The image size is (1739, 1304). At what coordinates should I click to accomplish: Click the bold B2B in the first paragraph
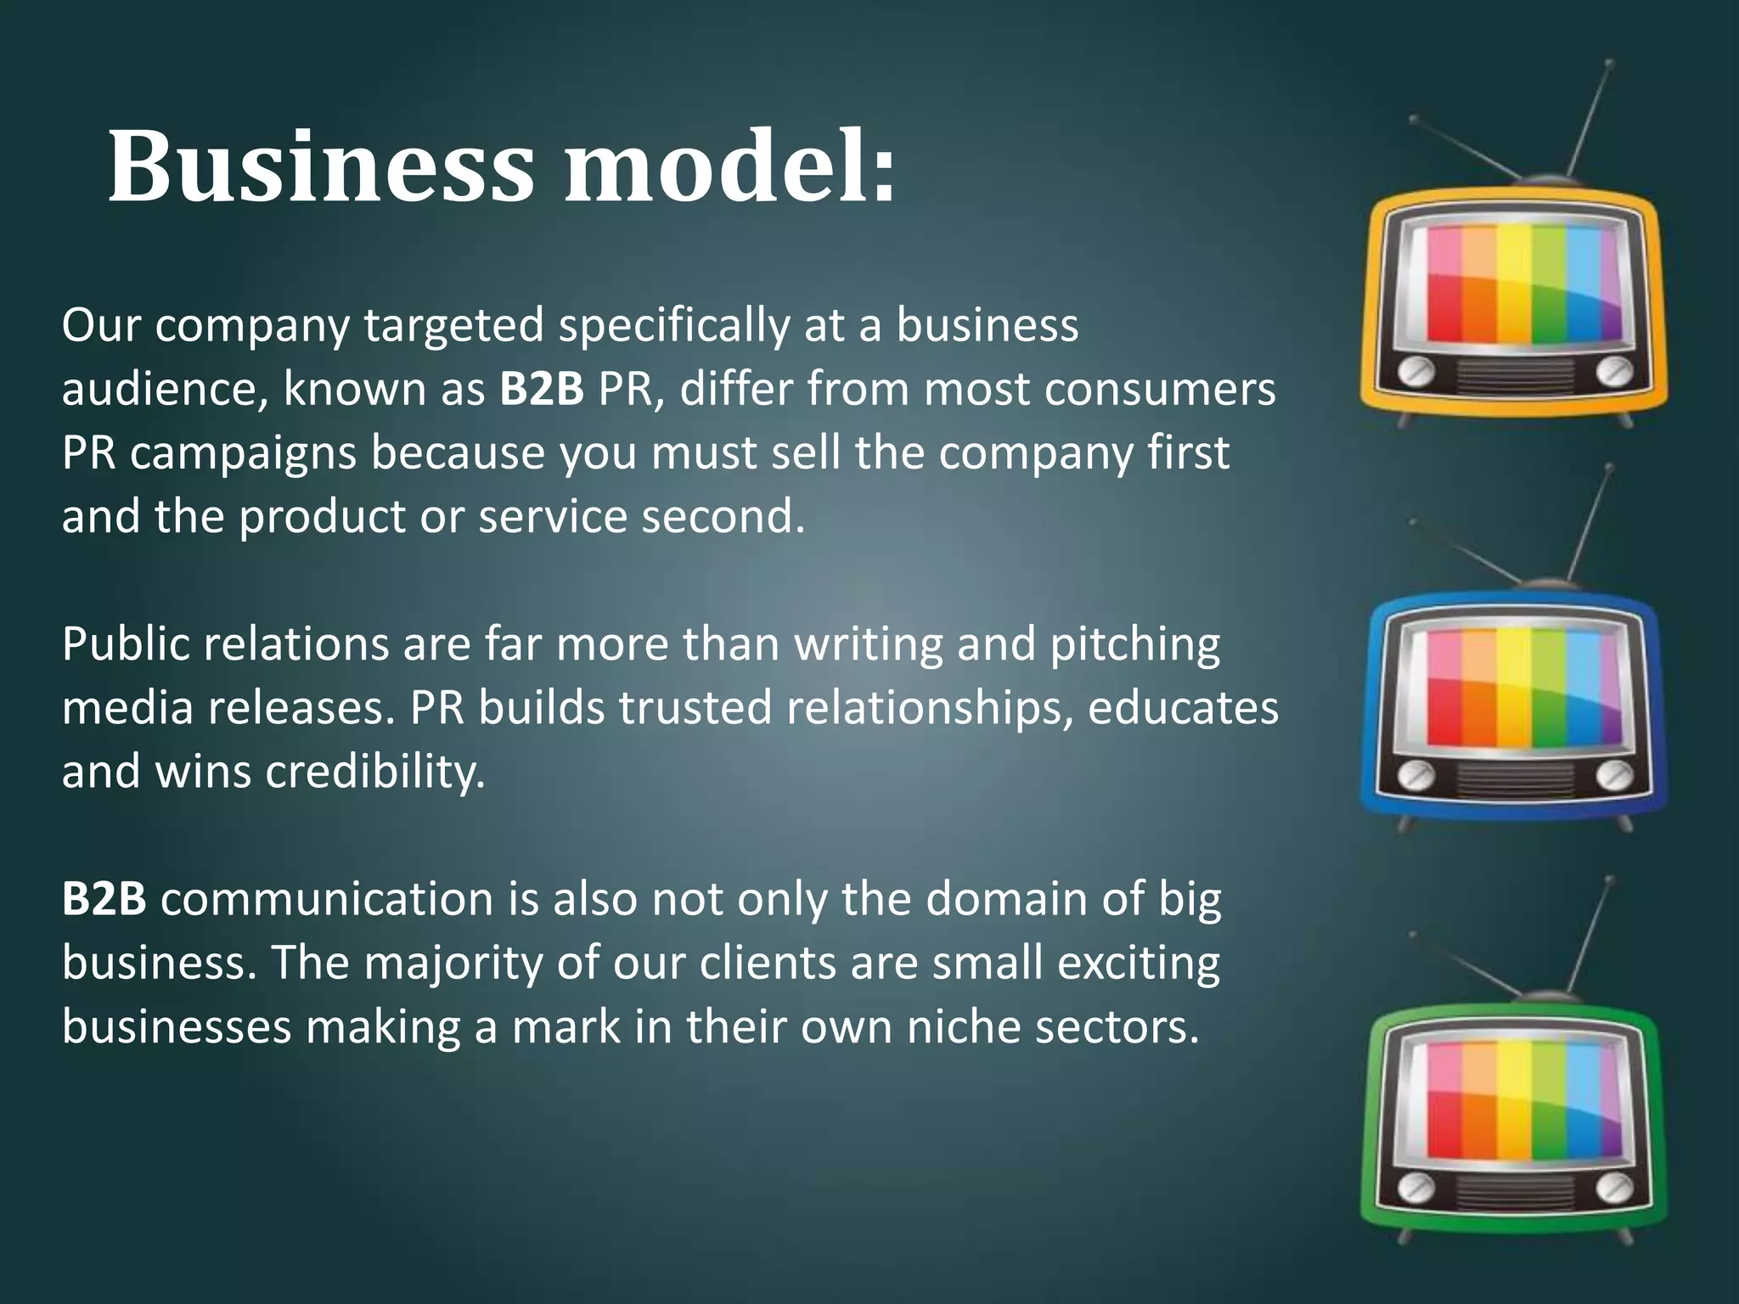542,390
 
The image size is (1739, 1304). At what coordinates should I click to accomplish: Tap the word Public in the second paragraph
125,645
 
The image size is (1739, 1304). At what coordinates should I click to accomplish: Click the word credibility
375,773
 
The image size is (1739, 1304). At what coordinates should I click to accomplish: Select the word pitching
1135,645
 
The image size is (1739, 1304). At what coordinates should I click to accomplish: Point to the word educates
1183,709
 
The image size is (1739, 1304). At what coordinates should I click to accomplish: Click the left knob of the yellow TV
1415,372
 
